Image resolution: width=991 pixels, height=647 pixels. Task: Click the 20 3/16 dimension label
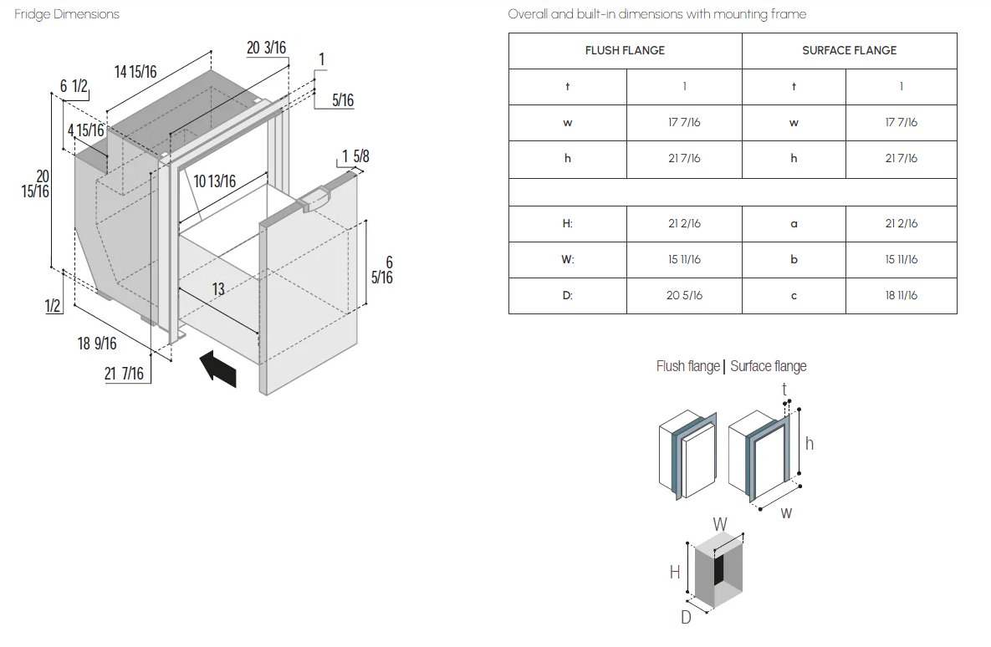(266, 48)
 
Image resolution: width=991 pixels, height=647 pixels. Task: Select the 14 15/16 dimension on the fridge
(135, 72)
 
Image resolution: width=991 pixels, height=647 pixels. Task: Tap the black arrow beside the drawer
(218, 369)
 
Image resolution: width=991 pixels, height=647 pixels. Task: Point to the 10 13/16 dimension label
(214, 182)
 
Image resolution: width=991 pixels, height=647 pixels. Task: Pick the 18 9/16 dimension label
(97, 344)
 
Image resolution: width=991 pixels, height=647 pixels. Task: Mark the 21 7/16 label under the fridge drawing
(124, 374)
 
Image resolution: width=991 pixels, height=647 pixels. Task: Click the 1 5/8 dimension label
(355, 156)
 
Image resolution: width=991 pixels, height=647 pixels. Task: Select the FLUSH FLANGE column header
(625, 50)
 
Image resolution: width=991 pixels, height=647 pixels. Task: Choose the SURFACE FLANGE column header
(850, 50)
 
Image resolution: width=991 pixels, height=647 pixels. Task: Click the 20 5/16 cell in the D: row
(684, 296)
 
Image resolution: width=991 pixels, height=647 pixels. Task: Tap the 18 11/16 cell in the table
(902, 296)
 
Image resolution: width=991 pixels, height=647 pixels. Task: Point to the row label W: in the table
(568, 260)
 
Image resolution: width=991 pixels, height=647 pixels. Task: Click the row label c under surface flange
(794, 296)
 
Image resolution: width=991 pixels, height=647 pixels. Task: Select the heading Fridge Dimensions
(67, 14)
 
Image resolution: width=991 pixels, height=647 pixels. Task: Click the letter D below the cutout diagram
(686, 617)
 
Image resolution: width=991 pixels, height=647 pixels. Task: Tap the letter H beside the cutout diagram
(675, 572)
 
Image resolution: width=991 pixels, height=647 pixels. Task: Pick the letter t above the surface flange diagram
(784, 389)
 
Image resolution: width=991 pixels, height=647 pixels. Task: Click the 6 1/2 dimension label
(74, 86)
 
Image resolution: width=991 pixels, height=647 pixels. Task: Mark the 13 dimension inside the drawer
(218, 289)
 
